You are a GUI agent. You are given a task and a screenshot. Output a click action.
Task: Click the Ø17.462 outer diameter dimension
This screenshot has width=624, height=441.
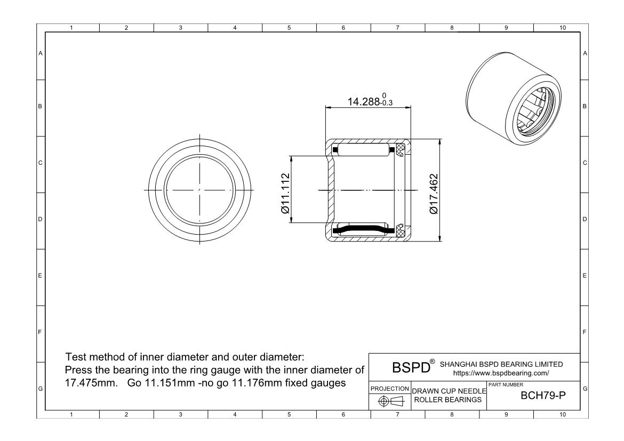point(434,194)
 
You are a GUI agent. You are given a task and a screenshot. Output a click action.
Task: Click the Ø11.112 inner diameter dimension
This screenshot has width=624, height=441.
point(285,194)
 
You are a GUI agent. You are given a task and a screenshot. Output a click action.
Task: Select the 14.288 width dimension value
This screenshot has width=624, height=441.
point(364,102)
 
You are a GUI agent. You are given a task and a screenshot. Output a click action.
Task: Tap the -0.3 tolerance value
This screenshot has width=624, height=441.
point(386,103)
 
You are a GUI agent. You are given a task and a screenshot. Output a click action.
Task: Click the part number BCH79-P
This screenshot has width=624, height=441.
point(543,396)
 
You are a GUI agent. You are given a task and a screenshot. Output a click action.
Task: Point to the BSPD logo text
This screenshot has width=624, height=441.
point(411,367)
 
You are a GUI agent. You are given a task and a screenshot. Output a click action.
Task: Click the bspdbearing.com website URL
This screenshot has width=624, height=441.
point(501,373)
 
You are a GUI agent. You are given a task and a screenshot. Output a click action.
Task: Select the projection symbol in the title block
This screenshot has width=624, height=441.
point(391,402)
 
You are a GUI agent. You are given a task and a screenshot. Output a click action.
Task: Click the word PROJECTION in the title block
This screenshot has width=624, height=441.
point(390,388)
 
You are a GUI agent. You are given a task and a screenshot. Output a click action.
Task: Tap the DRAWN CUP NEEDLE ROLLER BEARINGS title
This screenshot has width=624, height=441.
point(449,396)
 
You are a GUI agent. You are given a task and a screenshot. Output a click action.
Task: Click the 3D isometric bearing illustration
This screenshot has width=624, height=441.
point(514,98)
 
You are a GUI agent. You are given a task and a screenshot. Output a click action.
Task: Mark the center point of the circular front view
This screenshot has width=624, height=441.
point(199,190)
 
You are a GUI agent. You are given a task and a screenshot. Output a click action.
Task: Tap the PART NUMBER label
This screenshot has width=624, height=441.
point(506,385)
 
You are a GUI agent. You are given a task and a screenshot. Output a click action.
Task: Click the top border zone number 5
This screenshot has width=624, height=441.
point(289,28)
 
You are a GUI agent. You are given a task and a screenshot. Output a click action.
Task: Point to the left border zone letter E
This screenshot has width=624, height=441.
point(40,276)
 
